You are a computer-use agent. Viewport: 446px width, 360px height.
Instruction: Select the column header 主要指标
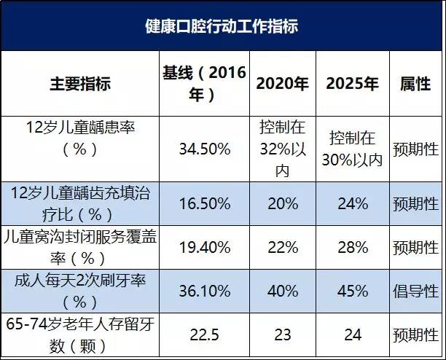[80, 83]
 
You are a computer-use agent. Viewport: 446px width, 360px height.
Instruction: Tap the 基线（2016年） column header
[204, 83]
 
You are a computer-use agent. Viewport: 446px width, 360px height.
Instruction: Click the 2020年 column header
[282, 83]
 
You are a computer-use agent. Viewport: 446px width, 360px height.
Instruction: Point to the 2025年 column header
[353, 83]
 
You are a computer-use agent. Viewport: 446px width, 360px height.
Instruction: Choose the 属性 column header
[415, 83]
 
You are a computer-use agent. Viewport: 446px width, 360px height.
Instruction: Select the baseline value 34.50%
[204, 149]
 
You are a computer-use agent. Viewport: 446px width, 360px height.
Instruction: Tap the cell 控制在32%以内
[282, 149]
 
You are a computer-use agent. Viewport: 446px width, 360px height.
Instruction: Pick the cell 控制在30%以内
[353, 149]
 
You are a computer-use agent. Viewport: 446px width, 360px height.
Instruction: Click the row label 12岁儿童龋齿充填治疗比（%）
[80, 203]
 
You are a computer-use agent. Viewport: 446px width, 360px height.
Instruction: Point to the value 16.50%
[204, 203]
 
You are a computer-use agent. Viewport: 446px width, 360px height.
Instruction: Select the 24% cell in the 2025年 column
[353, 203]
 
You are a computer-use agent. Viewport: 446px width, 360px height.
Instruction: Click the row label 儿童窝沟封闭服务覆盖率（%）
[80, 248]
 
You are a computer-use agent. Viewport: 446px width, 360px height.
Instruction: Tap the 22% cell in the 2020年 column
[282, 248]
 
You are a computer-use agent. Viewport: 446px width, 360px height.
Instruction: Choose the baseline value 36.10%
[204, 291]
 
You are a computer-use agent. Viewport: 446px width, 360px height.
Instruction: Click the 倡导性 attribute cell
[415, 291]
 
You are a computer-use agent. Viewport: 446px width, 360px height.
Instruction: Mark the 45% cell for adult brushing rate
[353, 291]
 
